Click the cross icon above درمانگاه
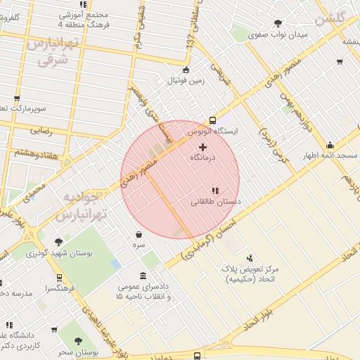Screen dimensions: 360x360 click(203, 147)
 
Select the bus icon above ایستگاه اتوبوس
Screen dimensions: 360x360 click(213, 120)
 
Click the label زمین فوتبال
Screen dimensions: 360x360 click(186, 80)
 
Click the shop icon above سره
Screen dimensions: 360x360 click(139, 234)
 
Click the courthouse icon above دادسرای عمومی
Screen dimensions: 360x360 click(143, 276)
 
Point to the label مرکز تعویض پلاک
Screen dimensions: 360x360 click(250, 269)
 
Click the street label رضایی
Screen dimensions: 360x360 click(40, 130)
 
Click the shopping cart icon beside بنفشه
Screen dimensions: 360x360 click(339, 62)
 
